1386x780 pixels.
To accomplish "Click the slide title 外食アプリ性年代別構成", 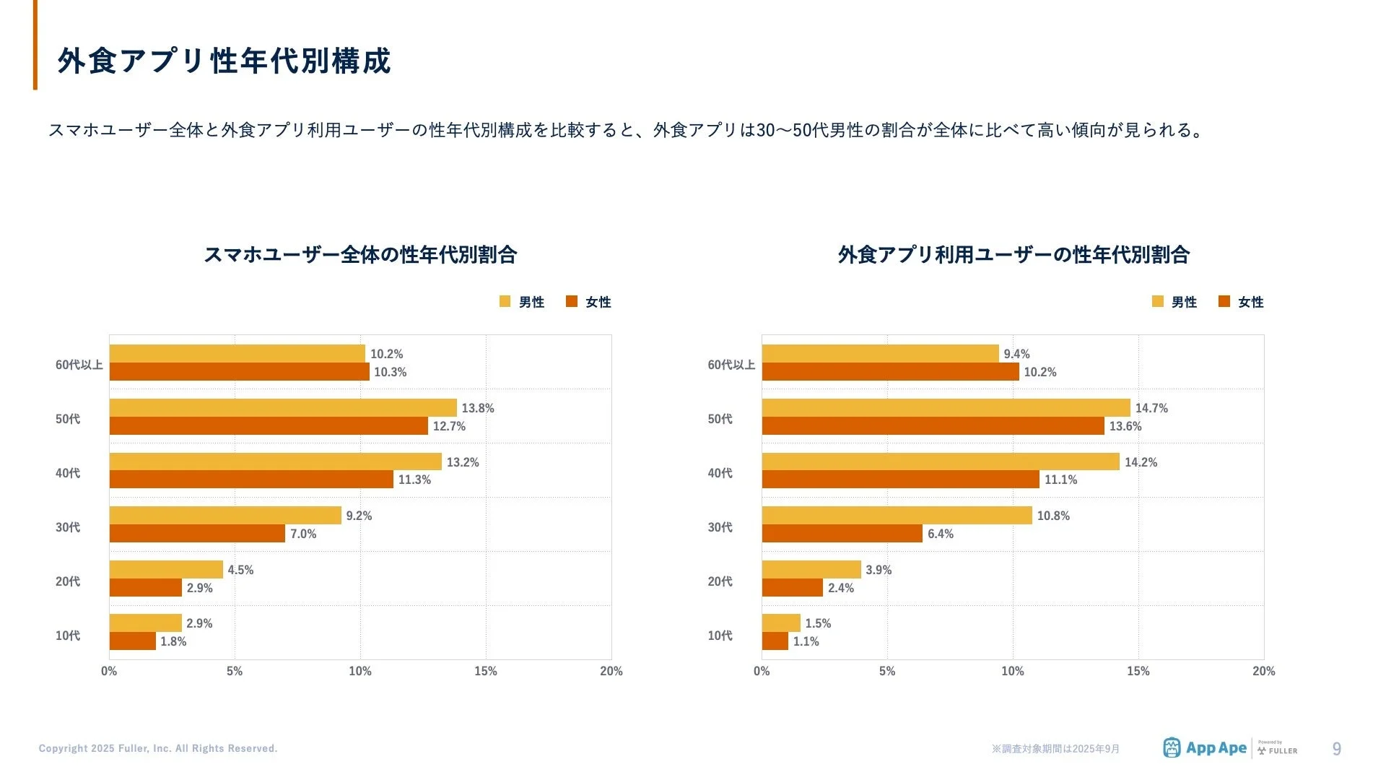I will pyautogui.click(x=224, y=61).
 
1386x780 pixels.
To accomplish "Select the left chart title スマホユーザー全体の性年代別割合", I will pyautogui.click(x=359, y=254).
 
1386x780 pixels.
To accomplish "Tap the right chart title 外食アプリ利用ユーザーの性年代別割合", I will pyautogui.click(x=1013, y=254).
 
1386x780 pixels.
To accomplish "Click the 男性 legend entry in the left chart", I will pyautogui.click(x=522, y=302).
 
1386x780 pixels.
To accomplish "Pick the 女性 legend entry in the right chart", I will pyautogui.click(x=1241, y=302).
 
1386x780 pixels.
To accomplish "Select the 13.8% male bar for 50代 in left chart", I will pyautogui.click(x=283, y=408).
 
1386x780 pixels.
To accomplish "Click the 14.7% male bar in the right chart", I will pyautogui.click(x=946, y=408).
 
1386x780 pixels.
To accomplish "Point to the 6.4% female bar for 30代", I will pyautogui.click(x=842, y=534).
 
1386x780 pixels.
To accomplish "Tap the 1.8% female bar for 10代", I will pyautogui.click(x=133, y=641).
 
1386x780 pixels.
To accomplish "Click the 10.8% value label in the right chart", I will pyautogui.click(x=1053, y=516).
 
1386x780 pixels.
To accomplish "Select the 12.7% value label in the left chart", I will pyautogui.click(x=449, y=426).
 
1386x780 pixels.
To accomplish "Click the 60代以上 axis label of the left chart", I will pyautogui.click(x=79, y=365).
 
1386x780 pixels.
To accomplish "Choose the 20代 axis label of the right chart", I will pyautogui.click(x=720, y=581).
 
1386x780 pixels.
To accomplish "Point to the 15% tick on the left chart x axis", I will pyautogui.click(x=485, y=671).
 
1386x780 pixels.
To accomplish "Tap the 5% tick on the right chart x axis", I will pyautogui.click(x=886, y=671).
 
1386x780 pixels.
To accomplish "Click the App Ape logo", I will pyautogui.click(x=1205, y=748).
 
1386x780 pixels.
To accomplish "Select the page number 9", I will pyautogui.click(x=1336, y=749).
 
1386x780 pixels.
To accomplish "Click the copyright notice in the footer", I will pyautogui.click(x=158, y=748).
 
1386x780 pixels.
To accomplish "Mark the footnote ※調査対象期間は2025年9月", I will pyautogui.click(x=1055, y=749).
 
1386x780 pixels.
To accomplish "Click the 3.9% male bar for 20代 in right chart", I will pyautogui.click(x=811, y=570).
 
